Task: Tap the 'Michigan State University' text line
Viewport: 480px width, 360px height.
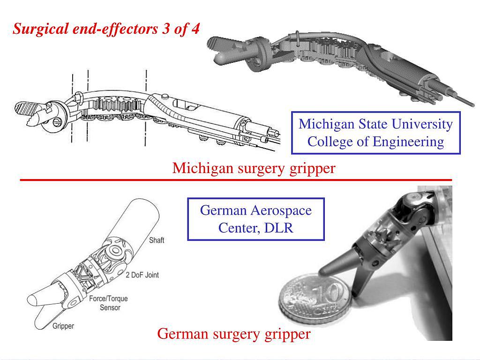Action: pyautogui.click(x=375, y=124)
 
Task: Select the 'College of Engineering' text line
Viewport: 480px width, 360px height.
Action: pyautogui.click(x=375, y=142)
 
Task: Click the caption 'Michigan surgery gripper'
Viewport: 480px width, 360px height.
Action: pyautogui.click(x=254, y=168)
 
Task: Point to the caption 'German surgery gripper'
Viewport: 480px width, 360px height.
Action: pyautogui.click(x=233, y=334)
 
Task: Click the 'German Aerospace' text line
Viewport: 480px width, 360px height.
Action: pyautogui.click(x=255, y=210)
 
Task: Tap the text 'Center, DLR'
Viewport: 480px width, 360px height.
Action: pyautogui.click(x=255, y=228)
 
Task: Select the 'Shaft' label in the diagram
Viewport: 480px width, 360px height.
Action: pyautogui.click(x=157, y=240)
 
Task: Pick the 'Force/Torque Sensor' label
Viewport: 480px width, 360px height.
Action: pyautogui.click(x=108, y=303)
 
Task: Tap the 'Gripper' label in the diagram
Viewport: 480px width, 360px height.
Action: pyautogui.click(x=63, y=326)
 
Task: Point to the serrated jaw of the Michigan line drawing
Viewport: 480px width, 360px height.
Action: pyautogui.click(x=28, y=110)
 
